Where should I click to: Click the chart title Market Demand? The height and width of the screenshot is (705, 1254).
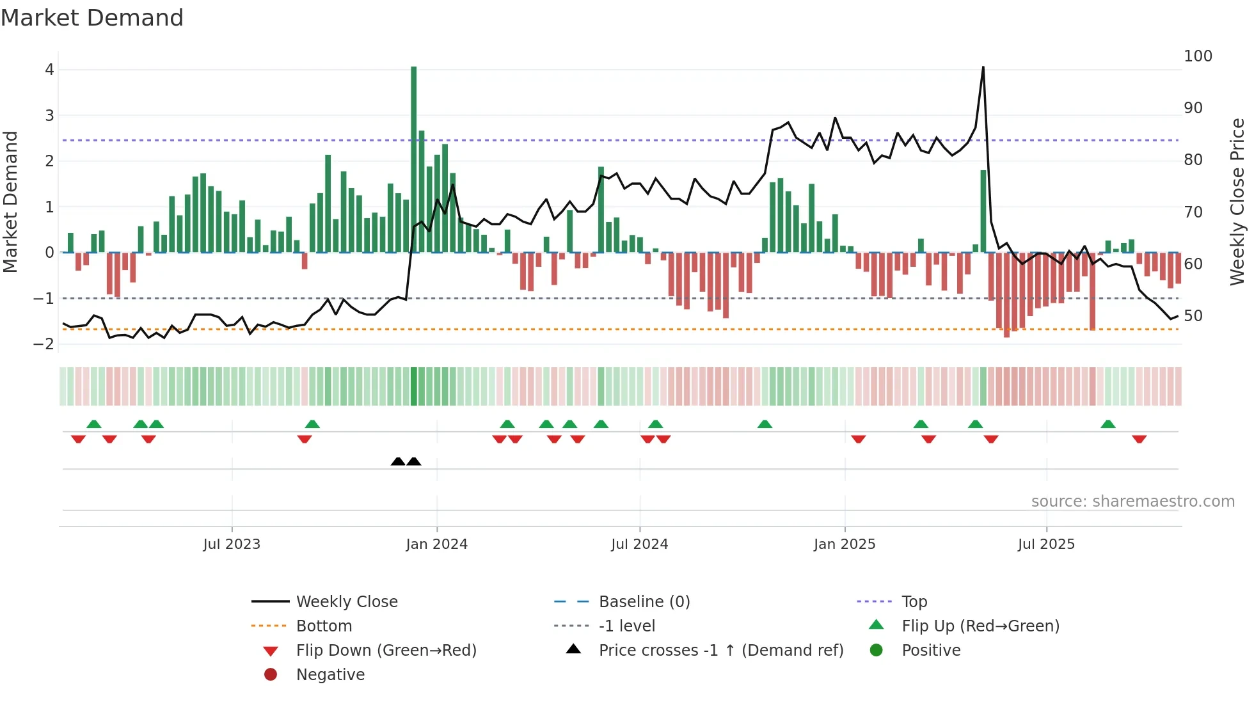coord(92,18)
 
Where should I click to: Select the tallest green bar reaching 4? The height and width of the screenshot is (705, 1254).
coord(414,160)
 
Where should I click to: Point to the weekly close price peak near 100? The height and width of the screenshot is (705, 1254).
coord(983,68)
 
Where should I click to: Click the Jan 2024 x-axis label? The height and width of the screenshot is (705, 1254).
coord(437,544)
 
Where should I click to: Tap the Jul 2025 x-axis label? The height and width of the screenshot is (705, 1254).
coord(1046,544)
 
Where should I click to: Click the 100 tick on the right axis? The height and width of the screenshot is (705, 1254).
coord(1198,56)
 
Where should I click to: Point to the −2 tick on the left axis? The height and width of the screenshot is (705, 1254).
coord(44,344)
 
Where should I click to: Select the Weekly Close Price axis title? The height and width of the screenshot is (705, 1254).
coord(1237,202)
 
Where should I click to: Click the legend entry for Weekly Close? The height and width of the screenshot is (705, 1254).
coord(346,602)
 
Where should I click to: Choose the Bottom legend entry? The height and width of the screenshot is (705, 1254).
coord(324,626)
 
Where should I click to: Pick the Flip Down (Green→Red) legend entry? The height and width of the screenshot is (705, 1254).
coord(386,651)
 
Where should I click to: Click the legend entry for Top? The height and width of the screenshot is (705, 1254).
coord(914,602)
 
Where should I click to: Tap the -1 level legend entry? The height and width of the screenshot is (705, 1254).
coord(626,626)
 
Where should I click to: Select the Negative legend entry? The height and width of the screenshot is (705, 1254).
coord(330,675)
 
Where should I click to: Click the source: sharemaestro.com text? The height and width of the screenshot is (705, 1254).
coord(1132,502)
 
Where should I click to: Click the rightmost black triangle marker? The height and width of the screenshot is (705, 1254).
coord(414,461)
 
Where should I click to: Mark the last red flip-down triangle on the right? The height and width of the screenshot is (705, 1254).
coord(1139,439)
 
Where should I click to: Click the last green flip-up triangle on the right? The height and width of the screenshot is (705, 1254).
coord(1108,424)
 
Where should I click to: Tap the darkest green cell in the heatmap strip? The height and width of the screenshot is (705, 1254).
coord(414,386)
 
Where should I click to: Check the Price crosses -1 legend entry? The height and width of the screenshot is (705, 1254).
coord(720,651)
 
